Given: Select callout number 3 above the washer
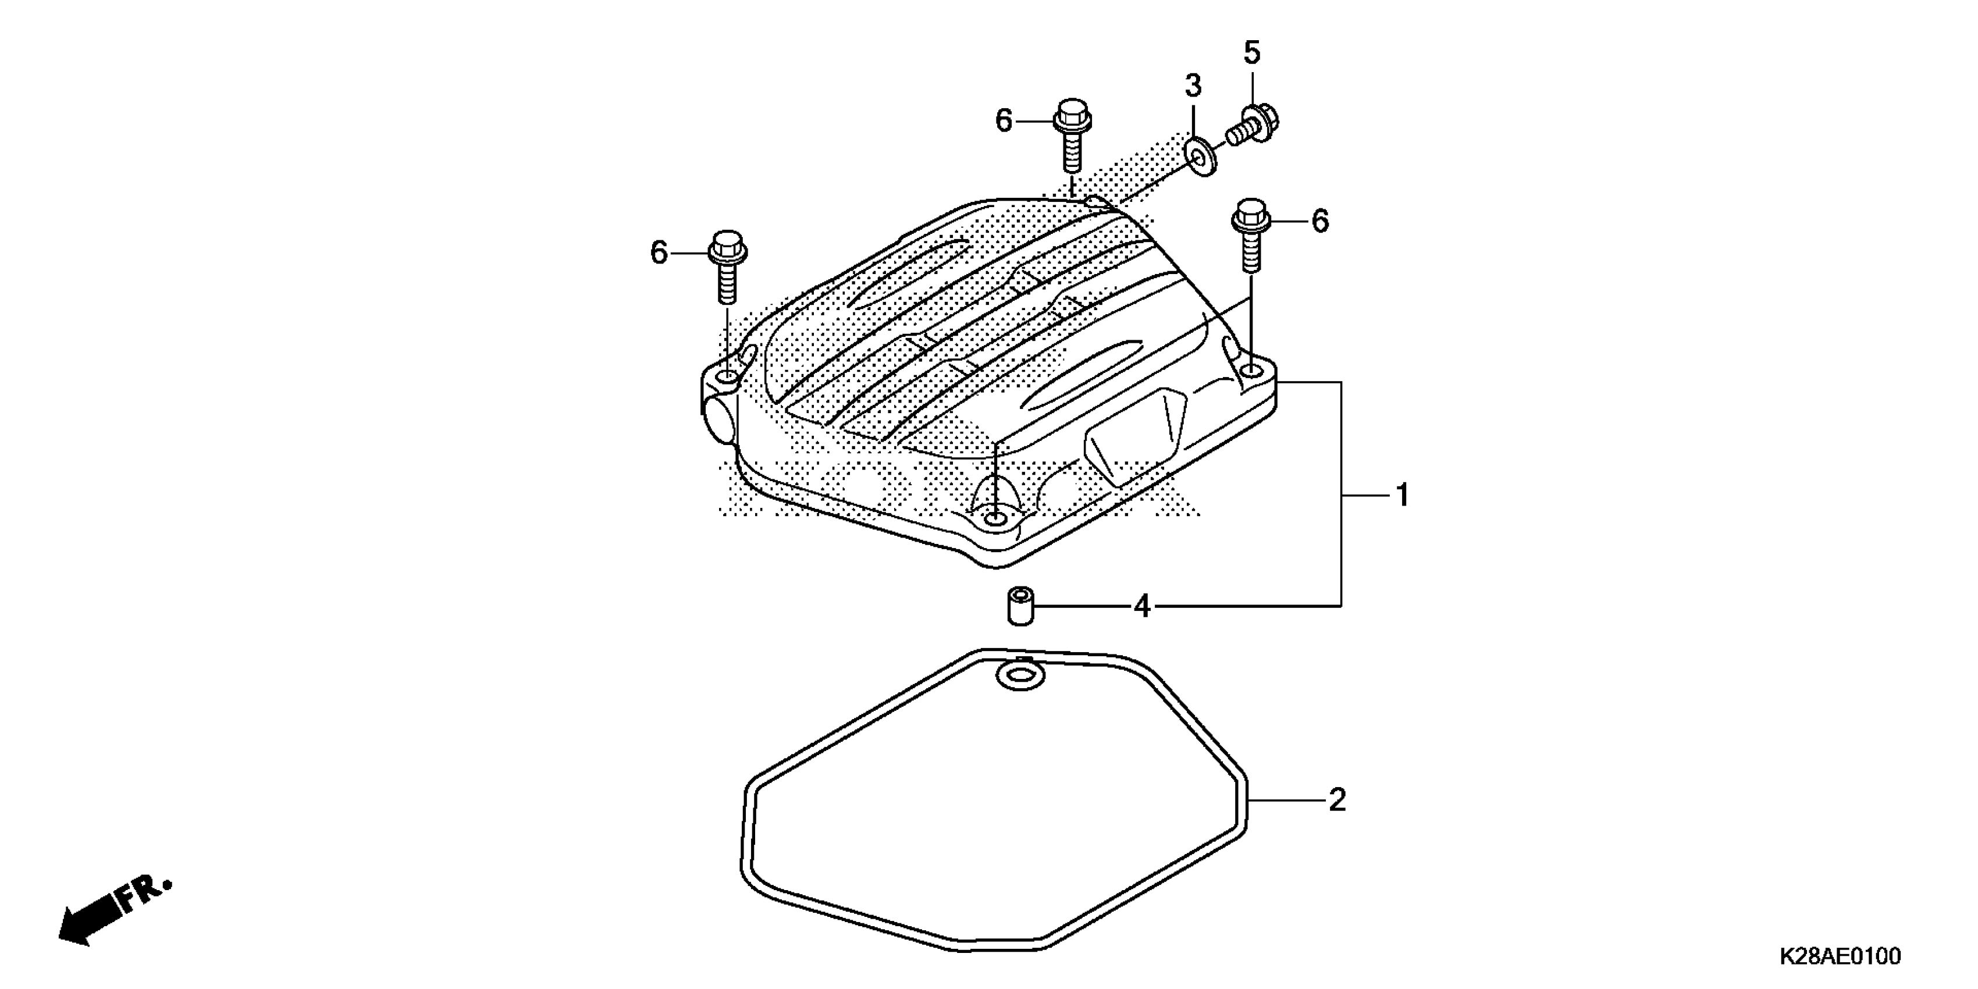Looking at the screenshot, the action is pyautogui.click(x=1193, y=87).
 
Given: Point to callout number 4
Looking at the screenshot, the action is pyautogui.click(x=1143, y=607).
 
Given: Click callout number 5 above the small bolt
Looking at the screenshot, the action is pyautogui.click(x=1251, y=53).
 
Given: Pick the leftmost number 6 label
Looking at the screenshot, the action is pyautogui.click(x=659, y=252).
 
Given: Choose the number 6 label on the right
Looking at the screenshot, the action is pyautogui.click(x=1319, y=221).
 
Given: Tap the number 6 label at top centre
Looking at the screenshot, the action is pyautogui.click(x=1004, y=120).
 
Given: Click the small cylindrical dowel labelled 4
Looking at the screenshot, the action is pyautogui.click(x=1020, y=606).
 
